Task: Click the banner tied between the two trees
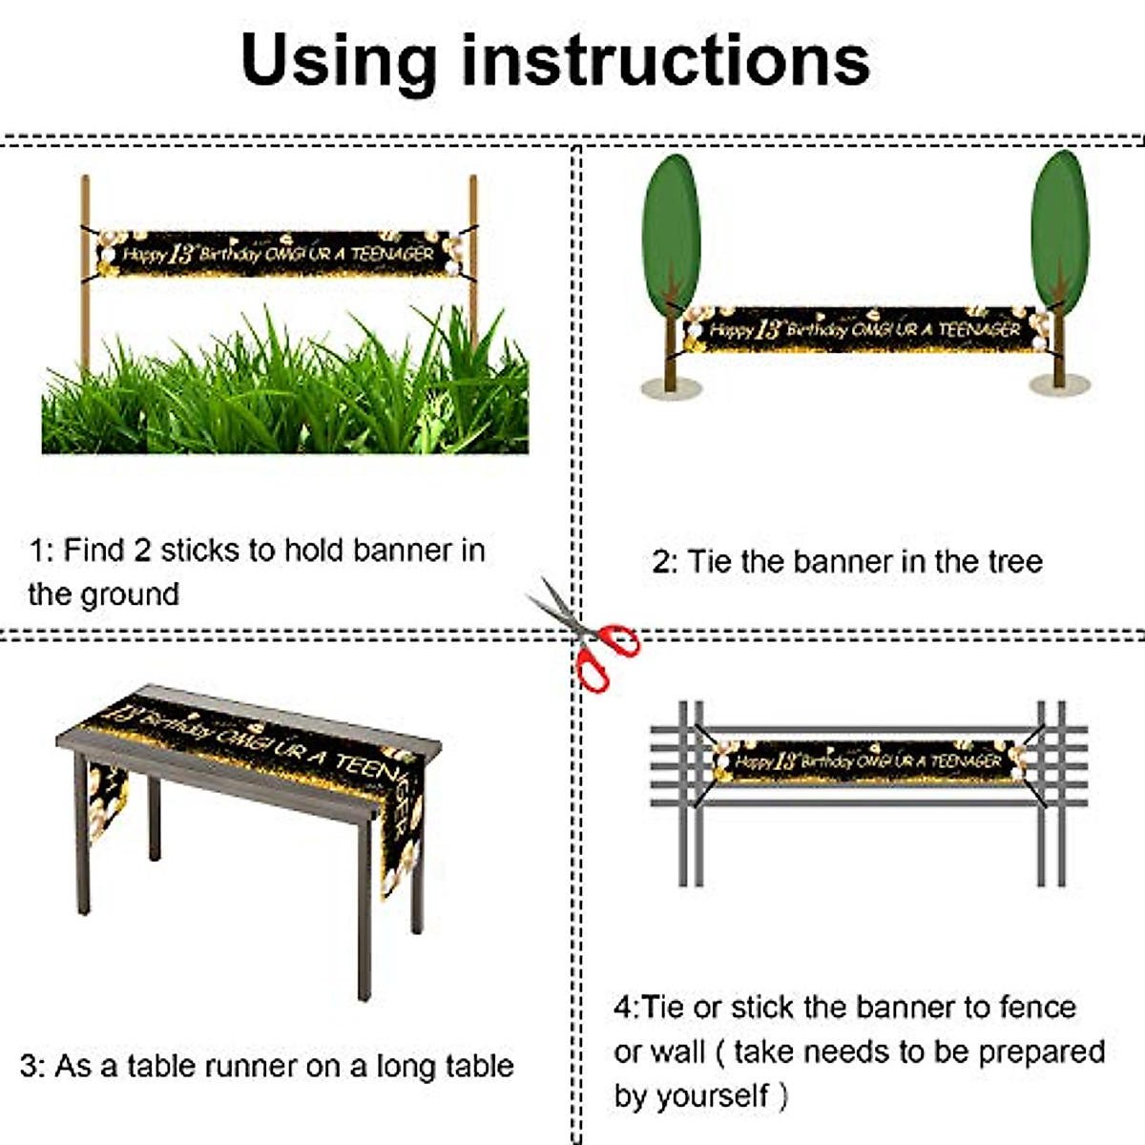(x=864, y=329)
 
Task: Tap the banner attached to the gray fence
(x=868, y=761)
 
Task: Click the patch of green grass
(x=286, y=401)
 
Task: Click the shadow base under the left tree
(x=671, y=387)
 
